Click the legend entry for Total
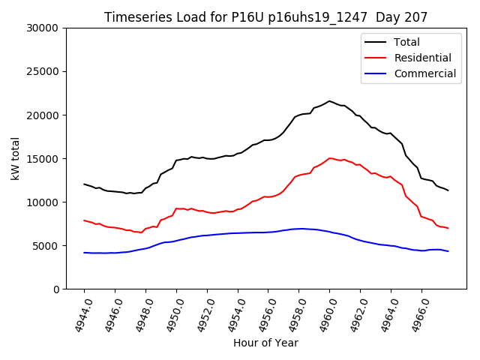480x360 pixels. tap(406, 42)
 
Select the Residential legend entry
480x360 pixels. tap(422, 58)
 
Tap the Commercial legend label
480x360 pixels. tap(424, 73)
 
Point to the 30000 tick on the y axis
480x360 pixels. tap(43, 28)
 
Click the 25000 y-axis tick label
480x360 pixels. tap(43, 72)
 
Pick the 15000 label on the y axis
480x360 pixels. tap(43, 159)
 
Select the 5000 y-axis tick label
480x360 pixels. tap(46, 246)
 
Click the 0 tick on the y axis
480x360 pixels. tap(56, 289)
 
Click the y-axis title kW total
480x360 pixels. tap(16, 158)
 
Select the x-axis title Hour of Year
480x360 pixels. tap(265, 343)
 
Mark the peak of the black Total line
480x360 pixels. tap(329, 100)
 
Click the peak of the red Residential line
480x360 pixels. tap(330, 158)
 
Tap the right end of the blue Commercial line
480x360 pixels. tap(448, 251)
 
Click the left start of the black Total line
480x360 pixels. tap(84, 184)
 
